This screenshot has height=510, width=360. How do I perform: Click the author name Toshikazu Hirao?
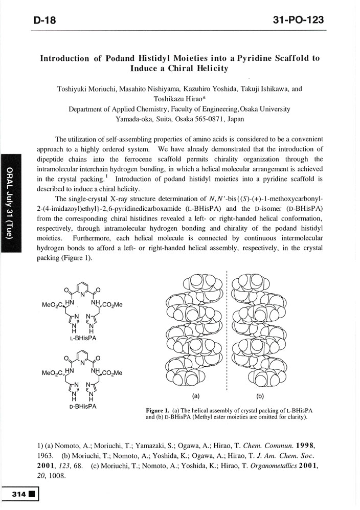(x=175, y=99)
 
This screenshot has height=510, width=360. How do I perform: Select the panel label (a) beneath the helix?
(x=195, y=395)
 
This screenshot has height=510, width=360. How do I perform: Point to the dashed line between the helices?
(x=226, y=332)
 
